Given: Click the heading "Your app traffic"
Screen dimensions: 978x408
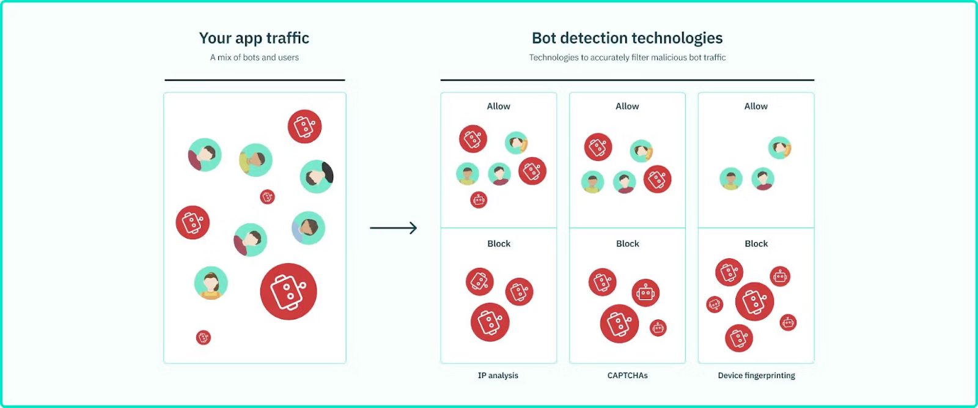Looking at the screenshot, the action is coord(254,38).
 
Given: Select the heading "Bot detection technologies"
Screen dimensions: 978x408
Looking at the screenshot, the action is coord(627,38).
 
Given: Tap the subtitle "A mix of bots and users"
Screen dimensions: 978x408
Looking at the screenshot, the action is coord(254,57).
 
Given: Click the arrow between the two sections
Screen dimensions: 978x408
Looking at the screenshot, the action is coord(394,228).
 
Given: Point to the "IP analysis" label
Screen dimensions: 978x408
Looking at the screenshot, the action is coord(498,375).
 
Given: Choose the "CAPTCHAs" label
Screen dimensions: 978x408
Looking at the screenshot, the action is coord(627,375).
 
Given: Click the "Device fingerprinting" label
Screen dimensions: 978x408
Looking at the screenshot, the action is coord(756,375).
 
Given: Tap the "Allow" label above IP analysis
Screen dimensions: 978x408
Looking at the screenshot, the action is coord(498,106).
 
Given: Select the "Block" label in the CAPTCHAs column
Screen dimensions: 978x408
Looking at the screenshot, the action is coord(627,243).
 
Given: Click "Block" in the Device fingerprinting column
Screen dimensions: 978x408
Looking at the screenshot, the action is coord(756,243).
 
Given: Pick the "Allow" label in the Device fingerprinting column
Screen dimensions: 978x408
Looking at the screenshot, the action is coord(756,106).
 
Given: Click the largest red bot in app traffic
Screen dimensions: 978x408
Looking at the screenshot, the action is coord(288,291).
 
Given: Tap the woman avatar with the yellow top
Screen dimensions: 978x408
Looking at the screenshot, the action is coord(211,283).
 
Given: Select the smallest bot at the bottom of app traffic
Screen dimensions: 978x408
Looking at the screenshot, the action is coord(203,337).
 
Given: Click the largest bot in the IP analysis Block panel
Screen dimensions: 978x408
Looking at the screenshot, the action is coord(490,322).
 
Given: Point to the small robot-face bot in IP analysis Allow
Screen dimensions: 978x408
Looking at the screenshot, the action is coord(479,200).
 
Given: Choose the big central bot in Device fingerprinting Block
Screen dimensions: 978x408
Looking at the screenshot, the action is coord(754,302).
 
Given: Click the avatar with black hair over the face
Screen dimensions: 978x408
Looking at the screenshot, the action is coord(317,177).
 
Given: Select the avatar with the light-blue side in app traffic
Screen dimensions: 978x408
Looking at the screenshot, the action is coord(308,228).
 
